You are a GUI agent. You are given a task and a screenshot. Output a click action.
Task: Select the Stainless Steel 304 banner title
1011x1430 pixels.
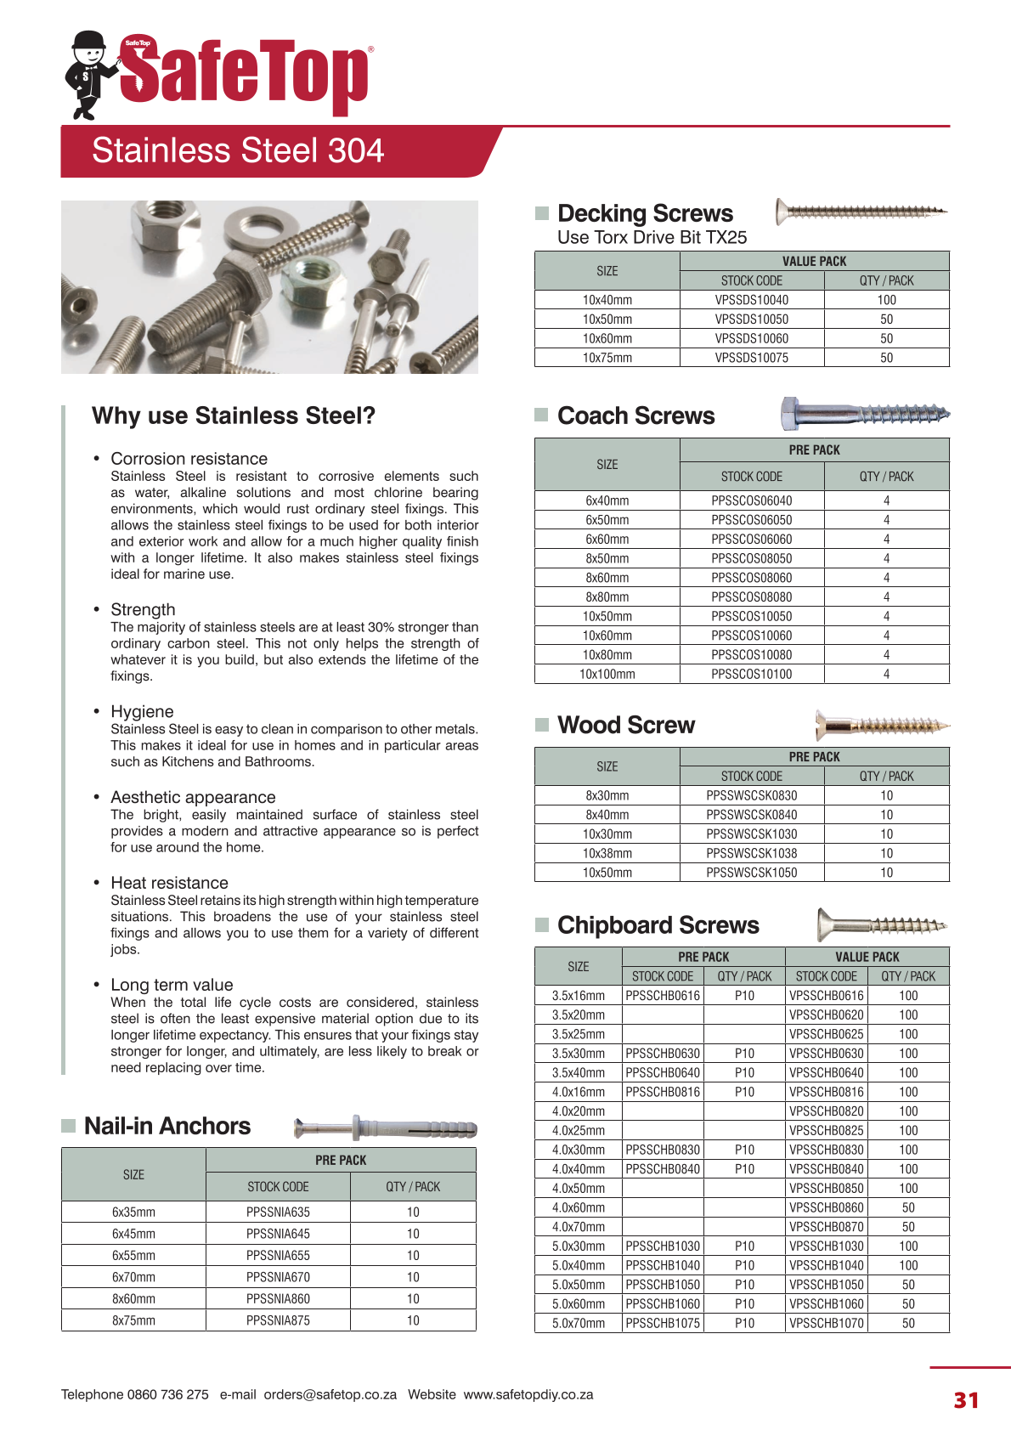click(x=237, y=151)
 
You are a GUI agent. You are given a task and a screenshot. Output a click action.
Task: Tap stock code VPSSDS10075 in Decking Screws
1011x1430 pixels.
click(x=751, y=358)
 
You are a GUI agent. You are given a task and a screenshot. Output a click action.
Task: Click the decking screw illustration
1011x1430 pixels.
click(x=861, y=211)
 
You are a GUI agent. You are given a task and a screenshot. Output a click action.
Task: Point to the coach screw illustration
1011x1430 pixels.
click(x=864, y=414)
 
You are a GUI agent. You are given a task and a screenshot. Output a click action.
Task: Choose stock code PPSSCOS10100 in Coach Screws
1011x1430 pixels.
click(x=751, y=675)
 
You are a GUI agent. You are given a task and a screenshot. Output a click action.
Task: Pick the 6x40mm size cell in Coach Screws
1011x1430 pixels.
click(x=607, y=501)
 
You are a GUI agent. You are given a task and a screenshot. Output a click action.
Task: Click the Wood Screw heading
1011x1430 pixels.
click(x=625, y=725)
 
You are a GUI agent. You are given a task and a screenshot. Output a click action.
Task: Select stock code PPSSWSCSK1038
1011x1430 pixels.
click(x=751, y=853)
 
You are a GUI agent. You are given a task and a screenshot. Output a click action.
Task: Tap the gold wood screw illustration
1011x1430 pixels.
click(x=881, y=726)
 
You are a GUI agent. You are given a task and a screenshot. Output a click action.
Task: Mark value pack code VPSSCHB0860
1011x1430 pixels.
click(x=826, y=1207)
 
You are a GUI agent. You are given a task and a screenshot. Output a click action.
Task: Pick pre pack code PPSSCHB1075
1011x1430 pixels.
click(x=663, y=1323)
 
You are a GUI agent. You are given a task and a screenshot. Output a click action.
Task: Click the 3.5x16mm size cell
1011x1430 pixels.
click(x=578, y=996)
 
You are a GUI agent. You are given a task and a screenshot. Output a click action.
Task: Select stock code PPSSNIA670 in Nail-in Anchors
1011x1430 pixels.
click(x=278, y=1277)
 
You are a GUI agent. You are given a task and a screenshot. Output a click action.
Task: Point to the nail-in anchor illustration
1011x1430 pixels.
click(x=385, y=1128)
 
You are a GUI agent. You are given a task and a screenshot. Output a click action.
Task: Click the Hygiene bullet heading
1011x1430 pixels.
click(x=142, y=712)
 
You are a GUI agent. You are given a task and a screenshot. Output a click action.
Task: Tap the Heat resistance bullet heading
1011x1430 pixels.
click(x=169, y=883)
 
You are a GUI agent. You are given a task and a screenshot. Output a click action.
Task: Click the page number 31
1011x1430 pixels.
click(x=966, y=1400)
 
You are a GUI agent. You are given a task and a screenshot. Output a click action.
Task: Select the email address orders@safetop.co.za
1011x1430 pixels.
click(x=330, y=1394)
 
